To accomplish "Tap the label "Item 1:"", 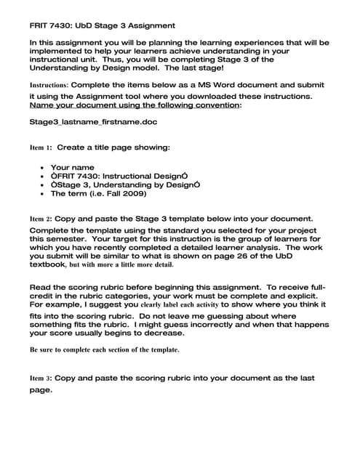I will tap(41, 147).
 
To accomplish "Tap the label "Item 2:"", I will tap(41, 218).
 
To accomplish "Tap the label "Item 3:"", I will tap(41, 379).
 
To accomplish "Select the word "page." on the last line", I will tap(41, 390).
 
